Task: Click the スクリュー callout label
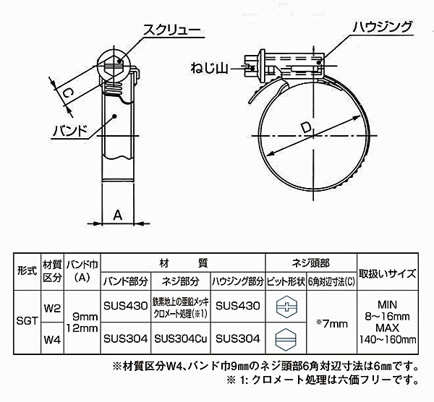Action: point(172,30)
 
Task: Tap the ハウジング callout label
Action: point(383,27)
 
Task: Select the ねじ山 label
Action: point(209,68)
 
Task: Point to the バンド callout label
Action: point(70,131)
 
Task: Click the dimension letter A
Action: point(118,215)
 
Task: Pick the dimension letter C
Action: point(67,93)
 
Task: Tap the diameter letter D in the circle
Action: point(306,128)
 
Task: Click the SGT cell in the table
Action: point(27,321)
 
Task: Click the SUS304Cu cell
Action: point(180,338)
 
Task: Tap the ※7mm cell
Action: point(331,323)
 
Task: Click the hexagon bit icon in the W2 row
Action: point(286,307)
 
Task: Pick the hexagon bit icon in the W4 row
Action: point(286,339)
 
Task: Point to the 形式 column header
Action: point(27,271)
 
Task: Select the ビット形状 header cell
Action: point(286,281)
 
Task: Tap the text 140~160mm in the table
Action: point(388,339)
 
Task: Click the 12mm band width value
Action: point(82,328)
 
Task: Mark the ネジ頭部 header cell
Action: point(311,263)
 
